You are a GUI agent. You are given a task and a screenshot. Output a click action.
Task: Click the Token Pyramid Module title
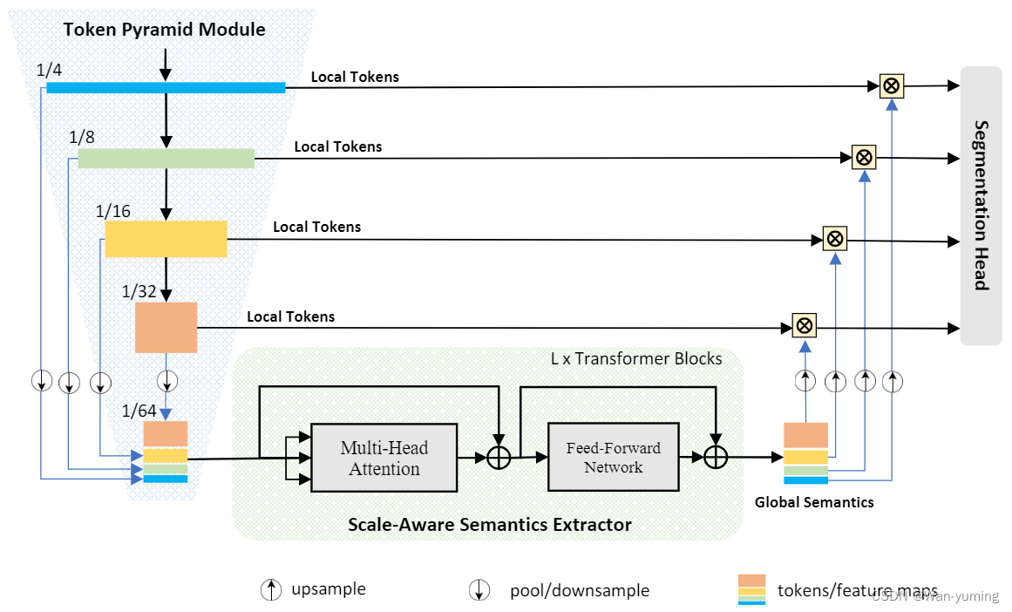click(x=164, y=30)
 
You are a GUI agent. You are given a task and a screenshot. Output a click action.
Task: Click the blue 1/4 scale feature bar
click(x=166, y=87)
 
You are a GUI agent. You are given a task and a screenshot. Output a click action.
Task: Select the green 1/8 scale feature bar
click(x=166, y=158)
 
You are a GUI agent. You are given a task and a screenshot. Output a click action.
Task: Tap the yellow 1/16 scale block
click(x=166, y=238)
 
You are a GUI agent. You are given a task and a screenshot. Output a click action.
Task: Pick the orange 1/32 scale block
click(x=166, y=327)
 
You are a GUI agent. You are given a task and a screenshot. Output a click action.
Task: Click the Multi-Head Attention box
click(x=384, y=458)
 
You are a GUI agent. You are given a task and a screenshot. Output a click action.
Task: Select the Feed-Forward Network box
click(x=613, y=458)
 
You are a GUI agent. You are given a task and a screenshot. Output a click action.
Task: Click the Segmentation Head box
click(x=981, y=205)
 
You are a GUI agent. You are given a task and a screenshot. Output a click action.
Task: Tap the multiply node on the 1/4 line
click(x=891, y=85)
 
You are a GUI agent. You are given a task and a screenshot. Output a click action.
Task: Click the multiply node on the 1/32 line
click(x=805, y=326)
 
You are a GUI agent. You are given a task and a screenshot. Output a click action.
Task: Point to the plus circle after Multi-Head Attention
click(x=498, y=457)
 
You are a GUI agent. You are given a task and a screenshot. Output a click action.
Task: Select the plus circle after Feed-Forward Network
click(x=716, y=457)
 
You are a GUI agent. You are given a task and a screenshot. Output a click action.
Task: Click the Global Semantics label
click(x=814, y=502)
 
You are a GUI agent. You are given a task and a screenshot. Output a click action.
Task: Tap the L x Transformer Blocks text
click(x=636, y=358)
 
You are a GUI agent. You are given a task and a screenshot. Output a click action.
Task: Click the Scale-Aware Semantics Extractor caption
click(x=489, y=525)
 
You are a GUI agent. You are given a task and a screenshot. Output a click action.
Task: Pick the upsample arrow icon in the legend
click(x=271, y=589)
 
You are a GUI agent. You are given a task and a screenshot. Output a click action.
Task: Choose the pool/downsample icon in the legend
click(x=479, y=590)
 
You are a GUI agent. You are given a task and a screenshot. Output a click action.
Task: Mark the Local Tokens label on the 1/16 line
click(x=316, y=227)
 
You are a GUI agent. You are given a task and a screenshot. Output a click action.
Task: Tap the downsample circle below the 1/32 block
click(x=166, y=381)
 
